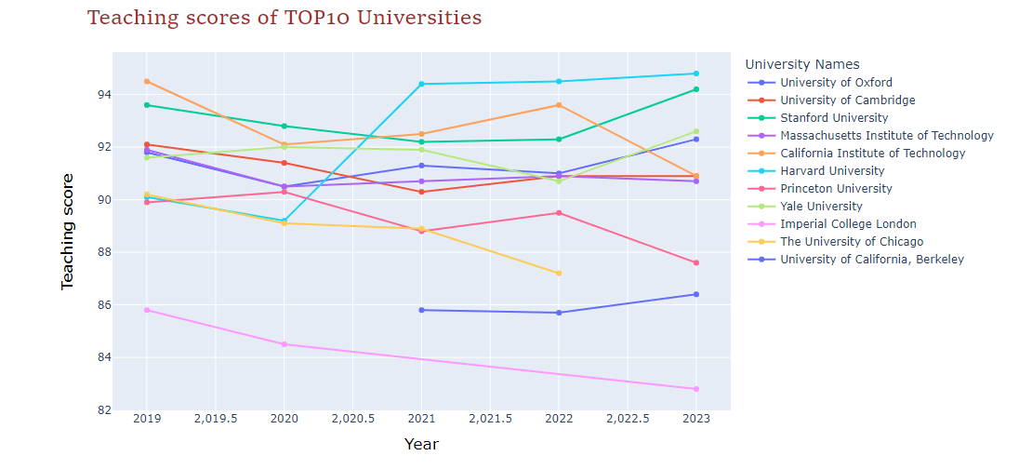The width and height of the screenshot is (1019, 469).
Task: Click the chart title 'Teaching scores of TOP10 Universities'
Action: click(285, 18)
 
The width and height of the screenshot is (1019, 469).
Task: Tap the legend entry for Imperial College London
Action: click(848, 224)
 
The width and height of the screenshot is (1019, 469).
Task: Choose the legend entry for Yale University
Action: click(821, 207)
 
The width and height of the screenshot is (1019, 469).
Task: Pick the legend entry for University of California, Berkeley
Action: click(871, 260)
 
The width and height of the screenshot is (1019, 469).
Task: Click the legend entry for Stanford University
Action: click(834, 118)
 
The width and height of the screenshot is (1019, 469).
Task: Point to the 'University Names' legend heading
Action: click(808, 64)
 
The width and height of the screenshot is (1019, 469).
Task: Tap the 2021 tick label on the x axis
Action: click(421, 419)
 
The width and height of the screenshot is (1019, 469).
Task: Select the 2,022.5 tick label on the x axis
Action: click(628, 419)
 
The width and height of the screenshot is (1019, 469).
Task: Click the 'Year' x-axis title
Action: click(421, 445)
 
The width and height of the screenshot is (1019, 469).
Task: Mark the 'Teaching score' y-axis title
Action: click(68, 231)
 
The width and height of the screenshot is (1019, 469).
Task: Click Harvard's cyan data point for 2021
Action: click(421, 84)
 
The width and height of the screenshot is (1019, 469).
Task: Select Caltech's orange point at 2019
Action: click(147, 81)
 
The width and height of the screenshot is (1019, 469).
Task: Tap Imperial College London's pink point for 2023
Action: click(696, 389)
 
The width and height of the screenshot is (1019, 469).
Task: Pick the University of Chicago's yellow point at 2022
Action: click(559, 274)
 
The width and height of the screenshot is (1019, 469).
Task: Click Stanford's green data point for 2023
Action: click(696, 89)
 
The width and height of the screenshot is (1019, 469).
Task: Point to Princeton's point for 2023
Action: click(696, 262)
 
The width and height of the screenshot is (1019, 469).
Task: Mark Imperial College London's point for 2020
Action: click(285, 344)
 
